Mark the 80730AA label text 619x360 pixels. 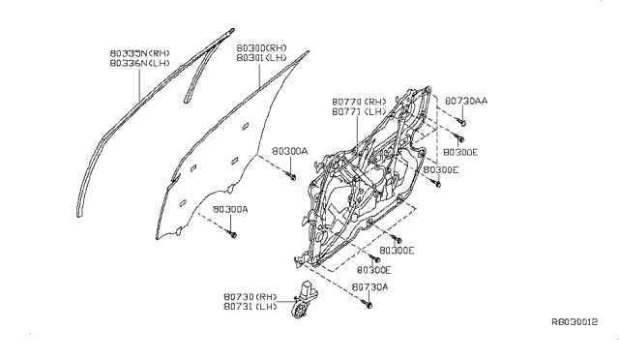(467, 100)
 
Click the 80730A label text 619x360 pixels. (369, 287)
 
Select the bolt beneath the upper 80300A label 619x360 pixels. (291, 176)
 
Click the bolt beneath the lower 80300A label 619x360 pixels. (233, 233)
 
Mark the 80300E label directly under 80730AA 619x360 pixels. (461, 153)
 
